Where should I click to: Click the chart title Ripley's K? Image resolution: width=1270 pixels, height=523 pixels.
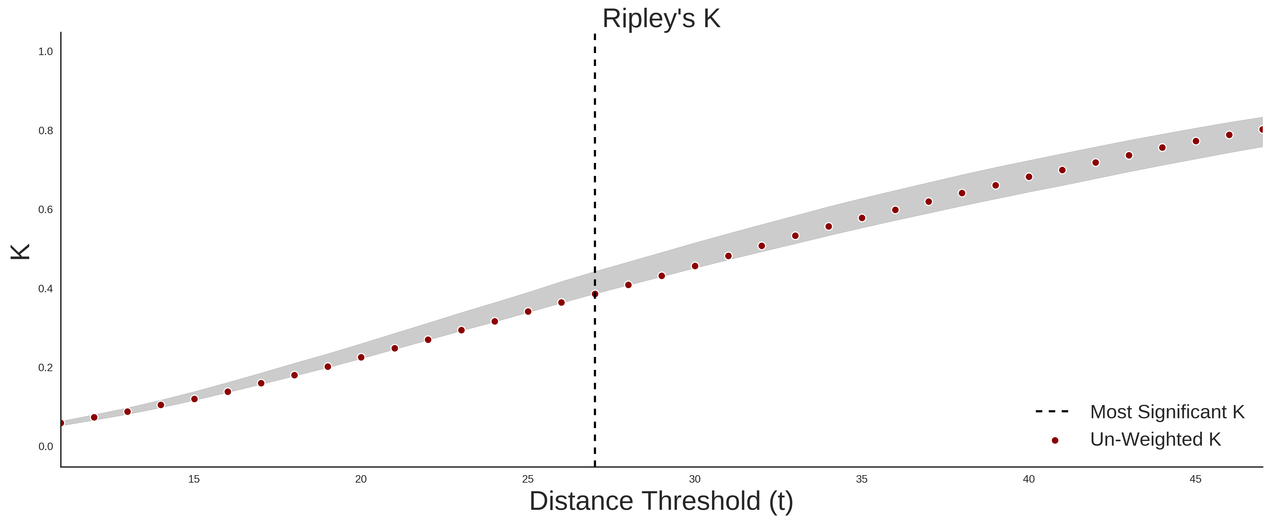pos(661,19)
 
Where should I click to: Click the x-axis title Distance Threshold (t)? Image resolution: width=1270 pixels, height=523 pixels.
pos(661,501)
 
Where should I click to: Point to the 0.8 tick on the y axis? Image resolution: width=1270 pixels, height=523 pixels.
pos(45,131)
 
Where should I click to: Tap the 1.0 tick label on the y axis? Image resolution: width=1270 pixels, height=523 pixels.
pos(45,52)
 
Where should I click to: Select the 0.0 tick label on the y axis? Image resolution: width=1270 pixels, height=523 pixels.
pos(45,446)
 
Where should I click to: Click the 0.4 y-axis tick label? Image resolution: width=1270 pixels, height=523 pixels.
pos(45,289)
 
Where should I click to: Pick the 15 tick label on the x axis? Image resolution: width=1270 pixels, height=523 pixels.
pos(194,479)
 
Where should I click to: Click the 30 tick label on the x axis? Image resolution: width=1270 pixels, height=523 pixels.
pos(695,479)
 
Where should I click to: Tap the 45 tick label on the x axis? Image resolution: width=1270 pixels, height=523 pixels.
pos(1196,479)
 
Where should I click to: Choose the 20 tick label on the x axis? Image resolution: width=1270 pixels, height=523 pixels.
pos(361,479)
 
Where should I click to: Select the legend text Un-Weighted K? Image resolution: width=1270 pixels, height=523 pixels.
pos(1156,439)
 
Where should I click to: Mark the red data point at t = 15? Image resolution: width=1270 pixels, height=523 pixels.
pos(194,399)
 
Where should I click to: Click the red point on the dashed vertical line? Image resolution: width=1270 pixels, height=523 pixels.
pos(595,294)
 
